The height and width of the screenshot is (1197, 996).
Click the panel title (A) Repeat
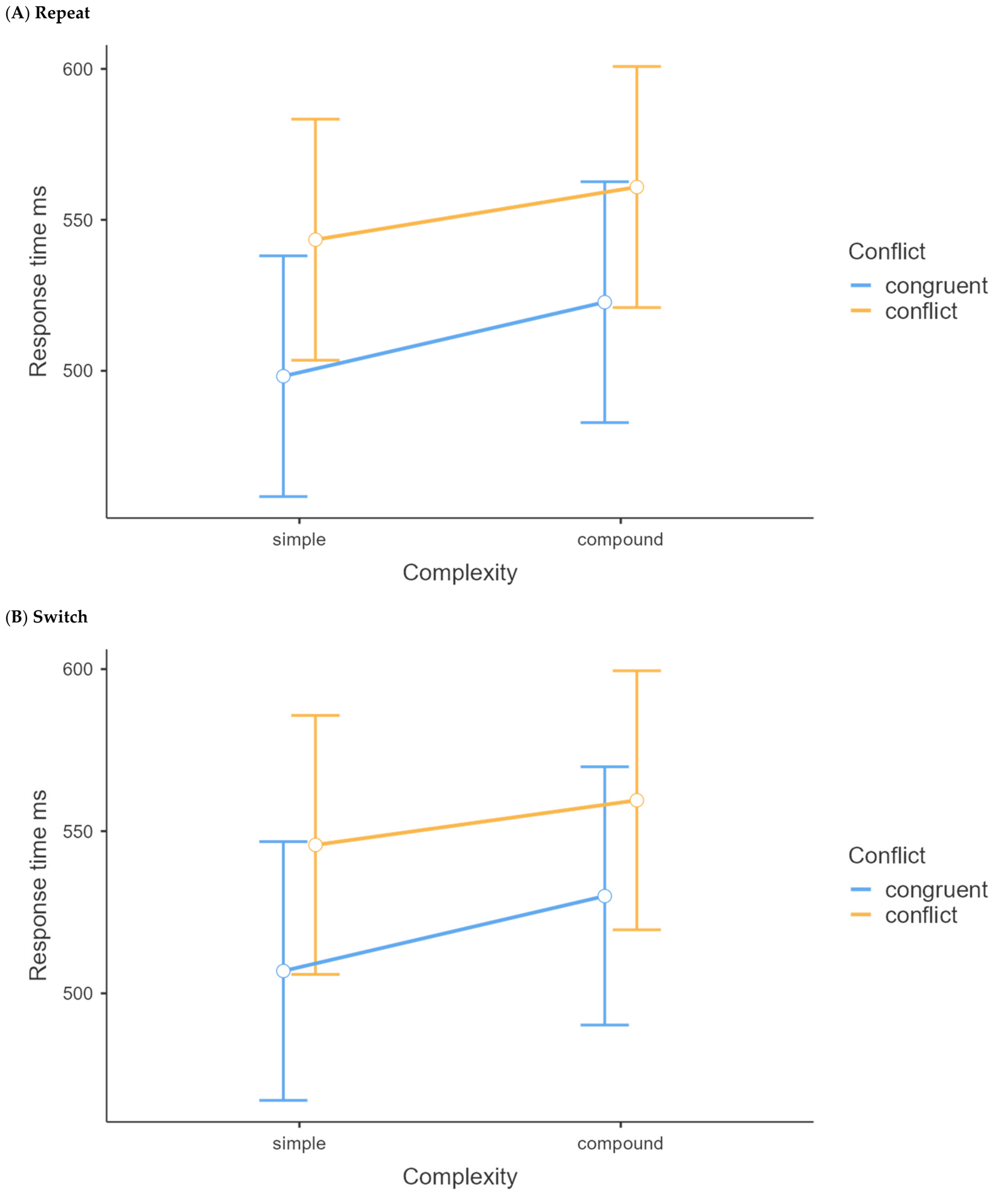click(x=47, y=13)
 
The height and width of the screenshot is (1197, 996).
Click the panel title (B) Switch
click(x=46, y=617)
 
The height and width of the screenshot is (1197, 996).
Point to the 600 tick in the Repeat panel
click(x=78, y=69)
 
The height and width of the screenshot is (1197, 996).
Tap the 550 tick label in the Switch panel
click(x=78, y=831)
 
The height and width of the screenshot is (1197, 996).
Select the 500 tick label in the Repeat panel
click(x=78, y=371)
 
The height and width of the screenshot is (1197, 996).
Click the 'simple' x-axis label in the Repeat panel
click(x=299, y=540)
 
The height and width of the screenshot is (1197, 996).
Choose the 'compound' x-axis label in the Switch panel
click(x=620, y=1143)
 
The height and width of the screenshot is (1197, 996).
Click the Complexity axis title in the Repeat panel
click(x=460, y=573)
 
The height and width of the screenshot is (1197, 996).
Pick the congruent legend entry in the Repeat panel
click(x=919, y=286)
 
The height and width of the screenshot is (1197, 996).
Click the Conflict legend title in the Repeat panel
click(x=886, y=251)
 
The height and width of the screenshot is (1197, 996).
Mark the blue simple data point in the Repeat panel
click(x=283, y=377)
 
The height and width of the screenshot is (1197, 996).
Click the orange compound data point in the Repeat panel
click(x=637, y=187)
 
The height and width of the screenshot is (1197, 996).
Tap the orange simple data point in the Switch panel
click(x=315, y=845)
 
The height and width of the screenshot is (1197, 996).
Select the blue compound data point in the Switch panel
click(x=605, y=896)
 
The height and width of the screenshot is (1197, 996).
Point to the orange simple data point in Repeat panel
click(x=315, y=240)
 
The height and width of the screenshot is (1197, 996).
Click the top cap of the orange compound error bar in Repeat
click(x=637, y=66)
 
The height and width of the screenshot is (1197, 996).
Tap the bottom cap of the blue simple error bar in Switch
click(x=283, y=1101)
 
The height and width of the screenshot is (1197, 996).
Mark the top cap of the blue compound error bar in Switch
click(x=605, y=767)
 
